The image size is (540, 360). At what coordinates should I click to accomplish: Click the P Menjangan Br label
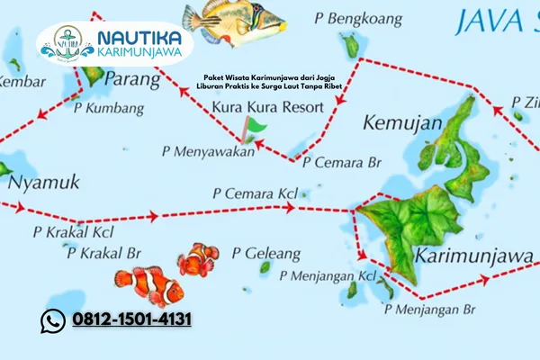click(x=429, y=310)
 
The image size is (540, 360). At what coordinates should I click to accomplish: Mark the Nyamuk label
click(x=43, y=184)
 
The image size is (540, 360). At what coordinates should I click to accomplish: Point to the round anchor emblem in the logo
click(x=67, y=41)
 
